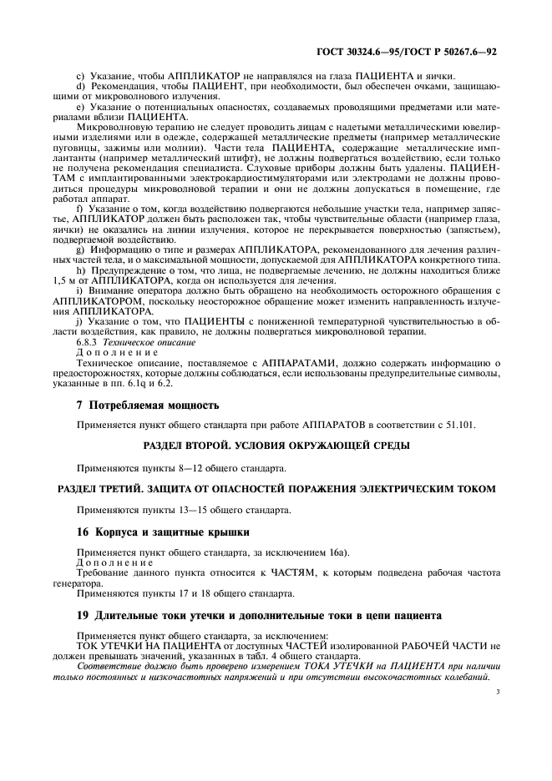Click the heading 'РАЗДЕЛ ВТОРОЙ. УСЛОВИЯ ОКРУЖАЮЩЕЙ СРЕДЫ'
pos(276,446)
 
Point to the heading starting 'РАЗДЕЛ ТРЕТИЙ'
pos(275,486)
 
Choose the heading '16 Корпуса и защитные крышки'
pos(154,531)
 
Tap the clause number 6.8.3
pos(88,342)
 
